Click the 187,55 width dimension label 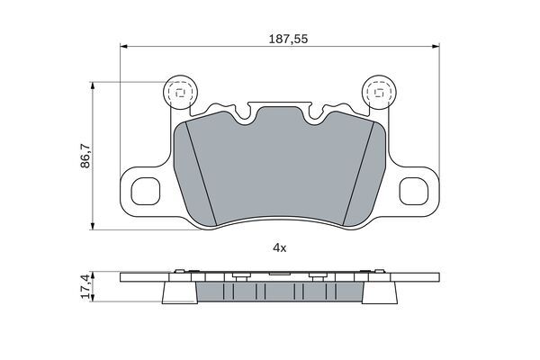coord(288,39)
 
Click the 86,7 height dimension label coord(85,156)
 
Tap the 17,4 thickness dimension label coord(85,286)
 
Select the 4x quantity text coord(279,247)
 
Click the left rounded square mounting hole coord(146,191)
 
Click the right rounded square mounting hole coord(414,191)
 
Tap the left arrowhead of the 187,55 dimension coord(123,46)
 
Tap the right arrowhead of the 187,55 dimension coord(436,46)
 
